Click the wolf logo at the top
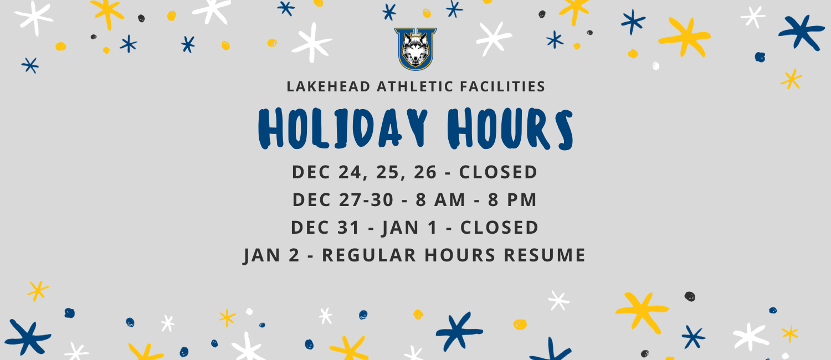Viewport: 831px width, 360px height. (x=416, y=49)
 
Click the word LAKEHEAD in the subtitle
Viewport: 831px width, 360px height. (x=329, y=86)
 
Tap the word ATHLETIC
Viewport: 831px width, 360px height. (x=415, y=86)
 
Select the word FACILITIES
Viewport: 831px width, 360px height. (x=502, y=86)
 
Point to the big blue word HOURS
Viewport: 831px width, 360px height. (x=510, y=128)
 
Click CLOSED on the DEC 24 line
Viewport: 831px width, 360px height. (x=498, y=172)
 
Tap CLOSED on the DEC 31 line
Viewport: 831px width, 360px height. (x=499, y=227)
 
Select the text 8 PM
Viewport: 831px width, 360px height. (x=512, y=199)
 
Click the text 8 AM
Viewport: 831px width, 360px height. (x=440, y=199)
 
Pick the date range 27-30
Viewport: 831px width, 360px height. (x=366, y=199)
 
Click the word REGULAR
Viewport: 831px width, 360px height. (x=369, y=255)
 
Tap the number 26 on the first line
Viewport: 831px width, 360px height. (x=425, y=172)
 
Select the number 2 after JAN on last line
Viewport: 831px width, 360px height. (x=294, y=255)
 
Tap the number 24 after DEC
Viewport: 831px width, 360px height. (x=350, y=172)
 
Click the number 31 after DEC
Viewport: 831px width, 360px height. (x=348, y=227)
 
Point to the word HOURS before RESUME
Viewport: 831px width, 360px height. (x=460, y=255)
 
